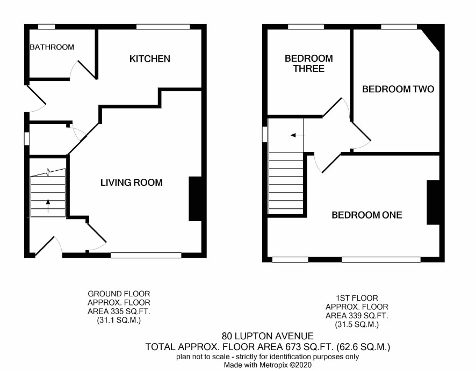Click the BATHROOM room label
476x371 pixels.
point(52,47)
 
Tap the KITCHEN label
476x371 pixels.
point(150,59)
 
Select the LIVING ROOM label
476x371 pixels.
point(132,183)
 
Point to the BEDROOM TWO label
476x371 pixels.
point(398,89)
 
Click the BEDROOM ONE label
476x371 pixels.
point(367,215)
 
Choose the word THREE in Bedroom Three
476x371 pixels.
point(309,69)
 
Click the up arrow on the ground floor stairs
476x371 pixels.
point(48,206)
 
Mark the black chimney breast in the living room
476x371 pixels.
point(195,199)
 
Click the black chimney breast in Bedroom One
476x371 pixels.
point(433,202)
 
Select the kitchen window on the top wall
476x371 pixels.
point(163,27)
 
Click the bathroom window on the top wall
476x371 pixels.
point(46,27)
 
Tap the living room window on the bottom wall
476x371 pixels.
point(146,256)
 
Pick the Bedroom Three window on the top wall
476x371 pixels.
point(306,27)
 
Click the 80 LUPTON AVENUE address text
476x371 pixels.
point(268,336)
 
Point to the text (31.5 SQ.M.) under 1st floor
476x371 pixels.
point(357,324)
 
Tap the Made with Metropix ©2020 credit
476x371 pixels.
point(268,365)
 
